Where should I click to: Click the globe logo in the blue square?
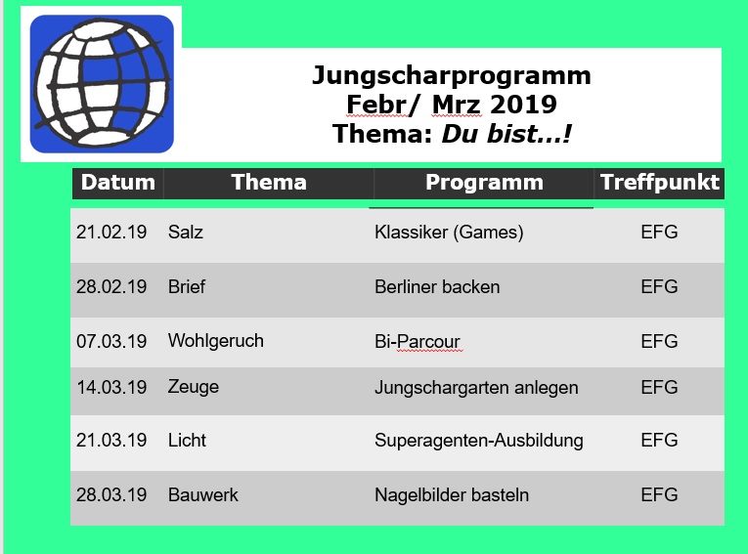102,84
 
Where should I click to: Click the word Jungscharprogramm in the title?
452,76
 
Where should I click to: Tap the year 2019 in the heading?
523,105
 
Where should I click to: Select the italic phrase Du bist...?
506,134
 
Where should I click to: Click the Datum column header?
118,182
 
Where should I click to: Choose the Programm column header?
484,183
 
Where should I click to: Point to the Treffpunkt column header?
660,182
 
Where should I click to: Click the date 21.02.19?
111,233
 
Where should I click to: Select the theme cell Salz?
186,233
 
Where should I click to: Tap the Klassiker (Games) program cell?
449,233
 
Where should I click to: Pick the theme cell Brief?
187,286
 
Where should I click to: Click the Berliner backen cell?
437,286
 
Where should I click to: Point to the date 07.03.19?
111,341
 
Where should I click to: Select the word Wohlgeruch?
216,341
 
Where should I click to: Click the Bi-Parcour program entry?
417,341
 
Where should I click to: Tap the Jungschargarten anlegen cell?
476,388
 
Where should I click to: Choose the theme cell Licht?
187,440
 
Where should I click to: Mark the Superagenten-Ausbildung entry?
478,441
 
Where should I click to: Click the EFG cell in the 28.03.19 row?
659,494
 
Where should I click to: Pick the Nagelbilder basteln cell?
452,494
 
